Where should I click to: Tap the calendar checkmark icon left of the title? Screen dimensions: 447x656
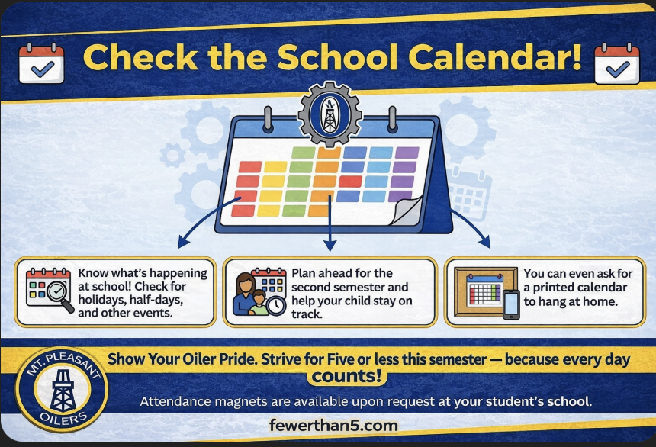[41, 63]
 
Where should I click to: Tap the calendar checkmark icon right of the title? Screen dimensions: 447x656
[616, 63]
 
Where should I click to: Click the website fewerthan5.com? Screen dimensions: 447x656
[333, 425]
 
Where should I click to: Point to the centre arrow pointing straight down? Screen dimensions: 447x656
[330, 245]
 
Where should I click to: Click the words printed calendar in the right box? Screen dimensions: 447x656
[575, 288]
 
